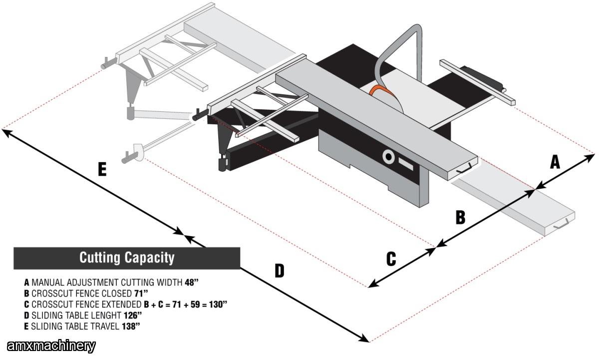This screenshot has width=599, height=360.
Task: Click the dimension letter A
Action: [x=555, y=162]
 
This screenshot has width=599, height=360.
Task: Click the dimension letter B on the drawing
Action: [x=460, y=217]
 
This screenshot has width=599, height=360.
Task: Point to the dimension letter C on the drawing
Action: [x=391, y=259]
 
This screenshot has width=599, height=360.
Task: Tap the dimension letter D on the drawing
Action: [x=279, y=271]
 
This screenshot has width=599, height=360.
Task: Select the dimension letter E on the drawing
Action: [x=102, y=170]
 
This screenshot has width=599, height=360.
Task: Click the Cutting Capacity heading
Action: [x=127, y=258]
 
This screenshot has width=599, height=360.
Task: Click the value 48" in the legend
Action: [x=191, y=282]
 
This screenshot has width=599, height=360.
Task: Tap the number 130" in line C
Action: [x=217, y=304]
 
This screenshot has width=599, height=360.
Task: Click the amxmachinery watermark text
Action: [x=51, y=346]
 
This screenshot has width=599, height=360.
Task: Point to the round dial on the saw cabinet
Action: [x=388, y=157]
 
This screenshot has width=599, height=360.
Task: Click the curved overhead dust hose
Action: [x=394, y=47]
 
